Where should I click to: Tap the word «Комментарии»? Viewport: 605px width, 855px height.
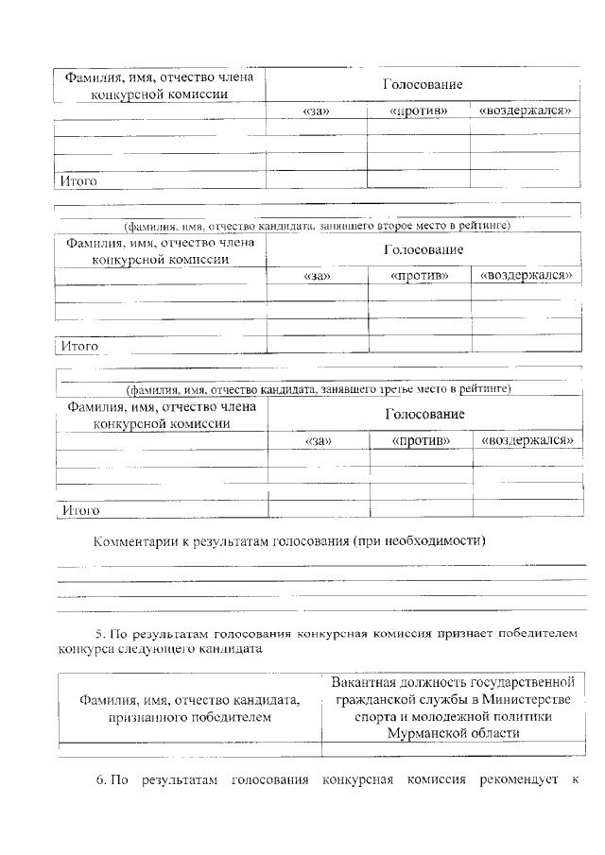(139, 541)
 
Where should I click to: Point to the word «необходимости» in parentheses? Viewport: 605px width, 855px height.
(434, 541)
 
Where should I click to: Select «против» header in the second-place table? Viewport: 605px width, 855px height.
(419, 276)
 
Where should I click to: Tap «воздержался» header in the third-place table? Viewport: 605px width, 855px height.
(528, 440)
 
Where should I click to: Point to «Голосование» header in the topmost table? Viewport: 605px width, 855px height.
(422, 85)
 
